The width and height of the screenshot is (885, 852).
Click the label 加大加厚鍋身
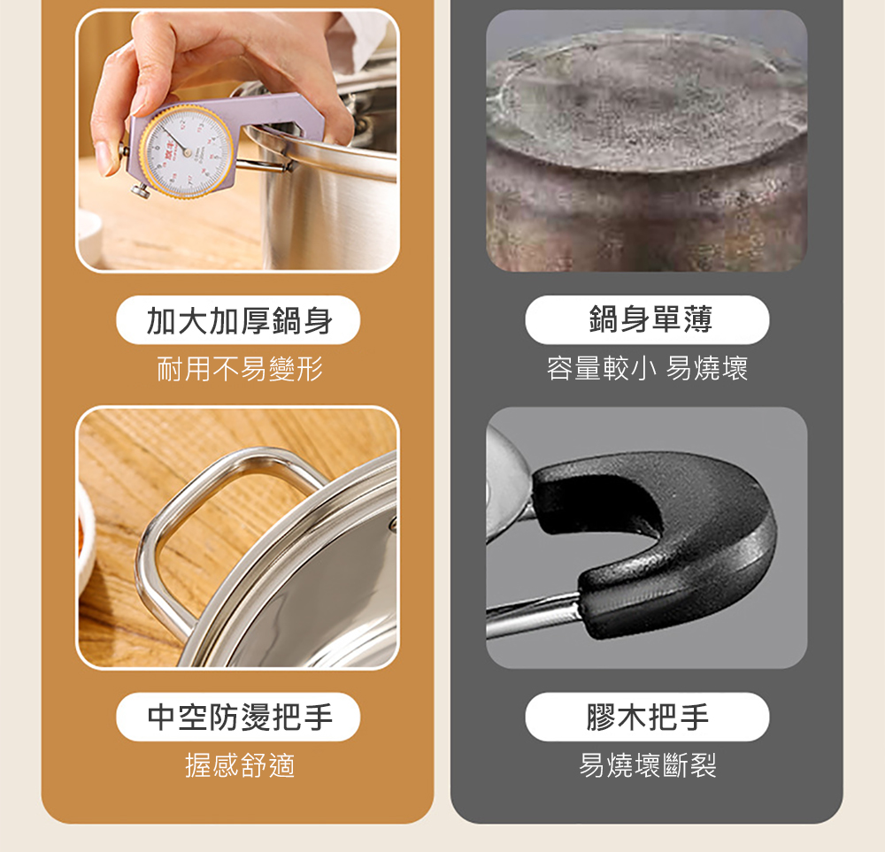pyautogui.click(x=239, y=320)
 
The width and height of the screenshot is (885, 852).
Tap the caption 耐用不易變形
pyautogui.click(x=239, y=370)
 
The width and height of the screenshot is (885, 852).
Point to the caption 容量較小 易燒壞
pyautogui.click(x=647, y=369)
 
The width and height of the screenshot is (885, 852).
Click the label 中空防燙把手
pyautogui.click(x=239, y=718)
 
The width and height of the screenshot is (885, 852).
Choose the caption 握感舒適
pyautogui.click(x=240, y=765)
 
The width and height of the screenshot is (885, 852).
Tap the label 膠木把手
pyautogui.click(x=648, y=718)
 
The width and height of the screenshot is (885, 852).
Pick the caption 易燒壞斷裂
pyautogui.click(x=648, y=765)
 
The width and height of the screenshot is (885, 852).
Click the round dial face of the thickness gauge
pyautogui.click(x=186, y=150)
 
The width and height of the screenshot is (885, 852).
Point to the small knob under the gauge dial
pyautogui.click(x=141, y=191)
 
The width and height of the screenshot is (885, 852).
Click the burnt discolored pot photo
pyautogui.click(x=647, y=141)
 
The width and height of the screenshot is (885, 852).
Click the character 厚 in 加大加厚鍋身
pyautogui.click(x=255, y=321)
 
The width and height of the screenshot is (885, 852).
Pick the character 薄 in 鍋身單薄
pyautogui.click(x=698, y=319)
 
